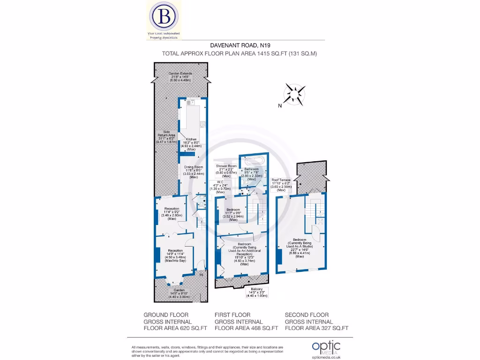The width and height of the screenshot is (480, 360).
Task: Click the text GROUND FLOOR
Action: click(166, 315)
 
